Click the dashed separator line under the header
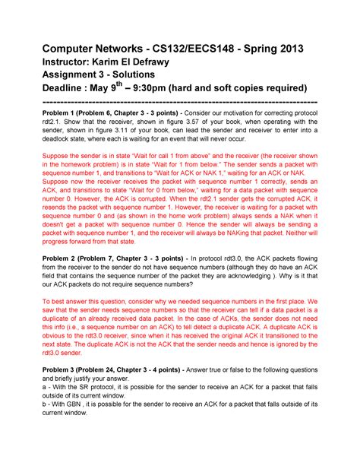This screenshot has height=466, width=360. [x=179, y=102]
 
